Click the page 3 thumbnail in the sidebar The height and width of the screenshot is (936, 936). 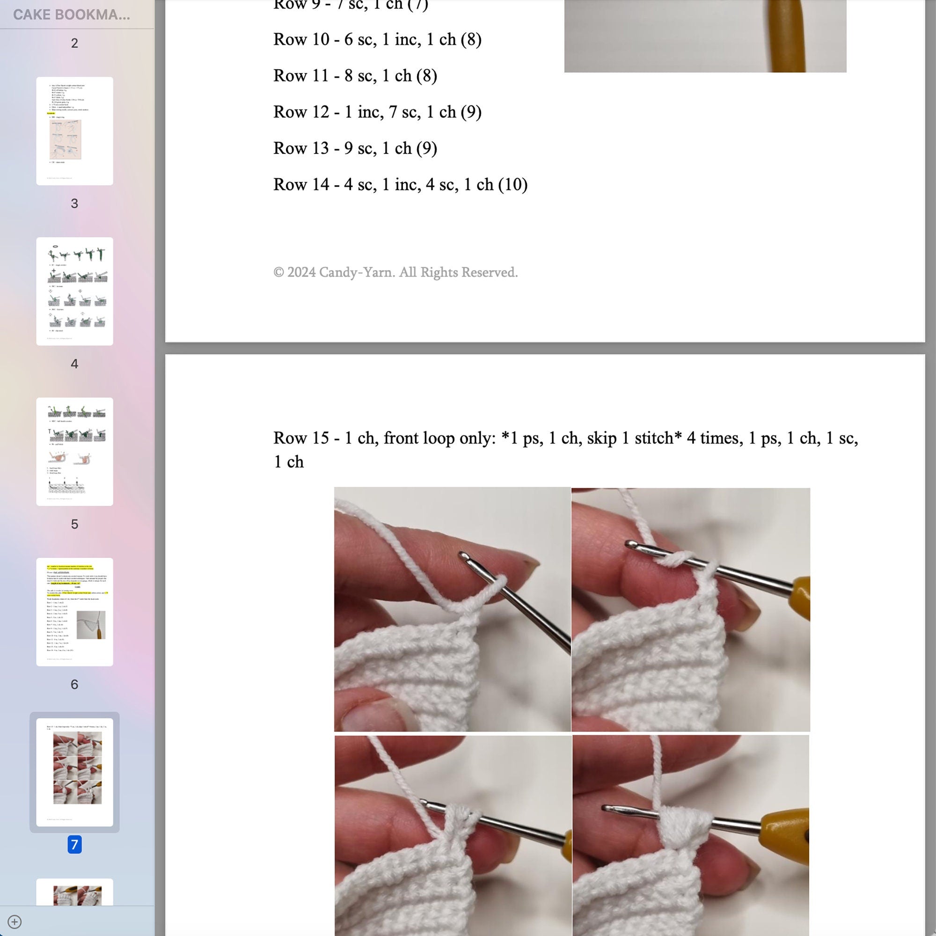pos(74,131)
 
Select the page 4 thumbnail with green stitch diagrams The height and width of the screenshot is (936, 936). pos(74,291)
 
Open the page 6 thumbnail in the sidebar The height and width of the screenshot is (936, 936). pos(74,612)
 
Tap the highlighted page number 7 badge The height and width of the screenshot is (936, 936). pos(74,844)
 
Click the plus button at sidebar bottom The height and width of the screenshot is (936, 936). pos(15,921)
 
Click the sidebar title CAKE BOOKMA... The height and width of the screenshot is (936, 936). pos(71,15)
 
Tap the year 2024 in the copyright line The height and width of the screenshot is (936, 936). pos(301,272)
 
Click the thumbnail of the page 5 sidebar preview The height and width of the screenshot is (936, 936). pos(74,452)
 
